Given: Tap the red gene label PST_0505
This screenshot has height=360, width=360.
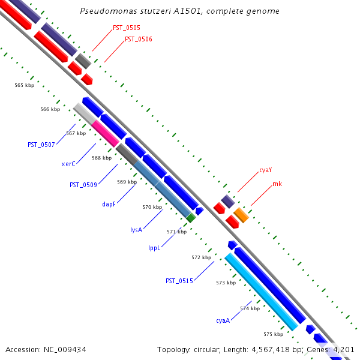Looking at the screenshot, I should click(x=127, y=28).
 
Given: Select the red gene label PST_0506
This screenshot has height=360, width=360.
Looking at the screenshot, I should click(x=138, y=39).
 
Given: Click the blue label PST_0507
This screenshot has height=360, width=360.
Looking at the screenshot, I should click(x=41, y=145).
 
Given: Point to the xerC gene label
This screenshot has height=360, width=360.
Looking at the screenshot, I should click(x=68, y=164).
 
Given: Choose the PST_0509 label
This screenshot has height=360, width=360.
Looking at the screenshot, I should click(x=83, y=185).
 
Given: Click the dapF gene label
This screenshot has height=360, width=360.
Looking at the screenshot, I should click(x=109, y=204).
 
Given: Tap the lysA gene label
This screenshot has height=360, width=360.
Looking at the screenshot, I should click(x=136, y=230).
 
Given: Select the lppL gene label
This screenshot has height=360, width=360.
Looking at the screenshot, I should click(x=154, y=247).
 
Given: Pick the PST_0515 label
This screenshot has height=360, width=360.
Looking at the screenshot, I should click(x=179, y=281).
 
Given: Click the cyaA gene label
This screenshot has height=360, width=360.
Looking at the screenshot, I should click(x=223, y=320).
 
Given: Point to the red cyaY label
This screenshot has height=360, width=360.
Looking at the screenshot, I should click(x=266, y=170).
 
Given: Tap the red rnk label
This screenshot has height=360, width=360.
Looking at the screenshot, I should click(x=277, y=184).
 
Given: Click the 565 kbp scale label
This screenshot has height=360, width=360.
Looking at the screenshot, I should click(x=25, y=85).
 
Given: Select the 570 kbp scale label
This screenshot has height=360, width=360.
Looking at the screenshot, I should click(x=152, y=207).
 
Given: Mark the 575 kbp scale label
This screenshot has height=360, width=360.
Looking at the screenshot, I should click(x=273, y=334).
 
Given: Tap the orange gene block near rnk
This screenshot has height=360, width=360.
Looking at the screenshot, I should click(x=241, y=214).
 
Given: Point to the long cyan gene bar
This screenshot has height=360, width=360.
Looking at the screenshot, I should click(x=261, y=292).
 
